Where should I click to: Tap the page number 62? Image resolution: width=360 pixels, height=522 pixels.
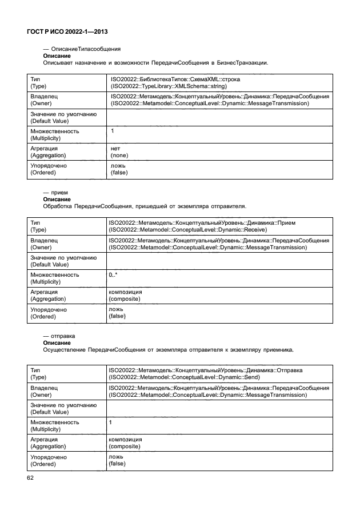click(x=30, y=479)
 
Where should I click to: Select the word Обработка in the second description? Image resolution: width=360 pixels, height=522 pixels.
click(x=60, y=205)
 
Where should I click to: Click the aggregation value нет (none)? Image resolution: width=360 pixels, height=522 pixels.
click(x=119, y=152)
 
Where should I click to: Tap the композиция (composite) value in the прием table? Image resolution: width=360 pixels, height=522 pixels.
click(x=125, y=295)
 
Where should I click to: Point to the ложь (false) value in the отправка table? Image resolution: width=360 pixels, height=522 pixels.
click(x=117, y=460)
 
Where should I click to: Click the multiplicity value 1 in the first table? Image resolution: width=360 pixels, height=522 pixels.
click(x=113, y=132)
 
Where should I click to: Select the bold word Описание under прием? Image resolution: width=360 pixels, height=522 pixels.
click(x=57, y=199)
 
